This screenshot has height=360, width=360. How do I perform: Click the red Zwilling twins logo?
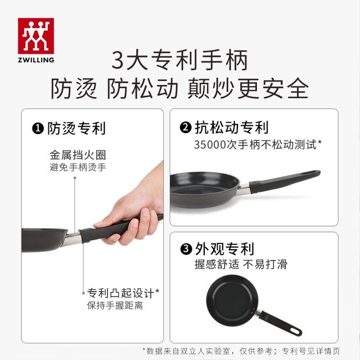point(36,36)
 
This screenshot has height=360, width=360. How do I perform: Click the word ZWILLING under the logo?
point(36,60)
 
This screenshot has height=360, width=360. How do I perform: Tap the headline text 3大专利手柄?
point(179,60)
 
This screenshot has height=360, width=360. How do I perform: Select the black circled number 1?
point(38,128)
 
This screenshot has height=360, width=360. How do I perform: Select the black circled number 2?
point(185,128)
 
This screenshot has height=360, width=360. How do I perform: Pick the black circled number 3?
point(186,249)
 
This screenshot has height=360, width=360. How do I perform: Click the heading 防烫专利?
point(76,128)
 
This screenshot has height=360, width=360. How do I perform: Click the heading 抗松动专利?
point(232,127)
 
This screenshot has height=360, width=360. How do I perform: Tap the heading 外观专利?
point(224,249)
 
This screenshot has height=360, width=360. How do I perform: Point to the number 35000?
point(210,145)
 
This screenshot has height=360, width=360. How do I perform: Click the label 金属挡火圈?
point(78,155)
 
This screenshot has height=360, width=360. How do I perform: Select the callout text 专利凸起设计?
point(120,293)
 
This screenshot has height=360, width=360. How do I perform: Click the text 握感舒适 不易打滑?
point(241,264)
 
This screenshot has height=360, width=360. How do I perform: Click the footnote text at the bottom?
point(241,351)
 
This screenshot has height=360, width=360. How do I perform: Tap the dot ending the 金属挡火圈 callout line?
point(75,178)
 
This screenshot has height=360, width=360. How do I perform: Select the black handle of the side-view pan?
point(284,181)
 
